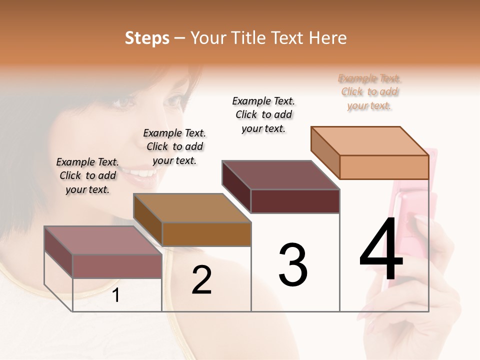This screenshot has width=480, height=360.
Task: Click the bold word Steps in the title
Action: pyautogui.click(x=147, y=38)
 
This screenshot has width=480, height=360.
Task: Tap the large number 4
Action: pyautogui.click(x=381, y=250)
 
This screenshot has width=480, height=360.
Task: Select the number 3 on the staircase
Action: pyautogui.click(x=293, y=265)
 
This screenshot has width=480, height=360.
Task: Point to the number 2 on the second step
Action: pyautogui.click(x=201, y=280)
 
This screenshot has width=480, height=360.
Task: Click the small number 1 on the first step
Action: pyautogui.click(x=116, y=295)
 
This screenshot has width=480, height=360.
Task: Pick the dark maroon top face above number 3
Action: pyautogui.click(x=280, y=175)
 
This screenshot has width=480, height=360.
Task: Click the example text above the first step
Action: pyautogui.click(x=87, y=175)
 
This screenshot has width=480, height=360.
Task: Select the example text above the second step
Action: pyautogui.click(x=174, y=146)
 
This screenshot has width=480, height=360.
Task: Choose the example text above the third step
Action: pyautogui.click(x=263, y=114)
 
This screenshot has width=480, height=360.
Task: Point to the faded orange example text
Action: pyautogui.click(x=369, y=91)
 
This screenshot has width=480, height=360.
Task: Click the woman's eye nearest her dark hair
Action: pyautogui.click(x=122, y=102)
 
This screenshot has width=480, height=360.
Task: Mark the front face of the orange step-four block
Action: pyautogui.click(x=384, y=167)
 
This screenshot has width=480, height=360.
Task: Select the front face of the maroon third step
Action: pyautogui.click(x=295, y=201)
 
